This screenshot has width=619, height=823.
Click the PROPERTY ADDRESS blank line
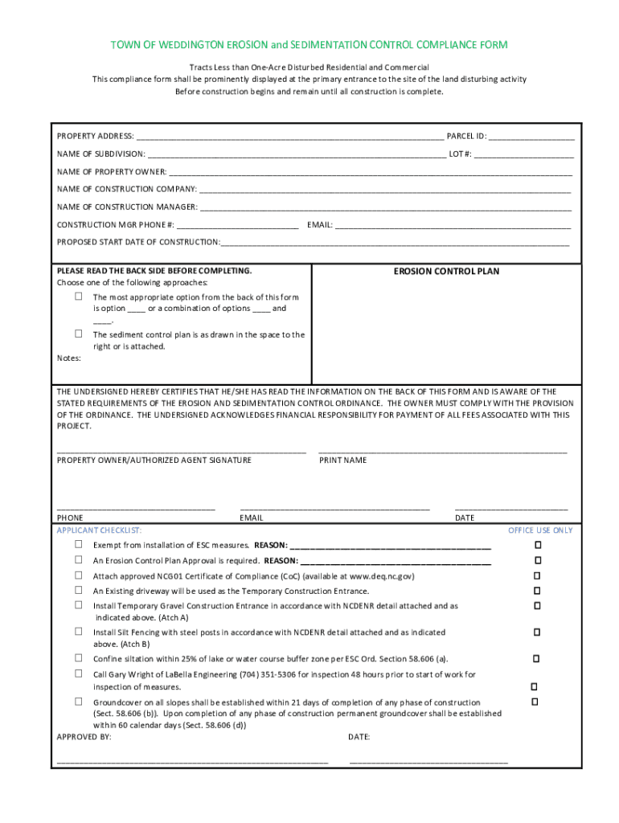[289, 137]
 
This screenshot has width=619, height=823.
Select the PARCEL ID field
[531, 137]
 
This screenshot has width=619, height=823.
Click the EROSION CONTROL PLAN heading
[446, 272]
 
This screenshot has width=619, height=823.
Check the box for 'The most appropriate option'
[79, 297]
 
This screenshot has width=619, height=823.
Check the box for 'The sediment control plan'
[79, 334]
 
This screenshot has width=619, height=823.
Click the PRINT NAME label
[342, 461]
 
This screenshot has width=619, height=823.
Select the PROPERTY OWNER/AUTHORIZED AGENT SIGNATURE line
[181, 452]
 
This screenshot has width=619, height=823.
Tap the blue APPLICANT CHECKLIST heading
[99, 530]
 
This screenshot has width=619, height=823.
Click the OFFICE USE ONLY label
[540, 530]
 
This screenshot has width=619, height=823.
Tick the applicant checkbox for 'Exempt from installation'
[79, 544]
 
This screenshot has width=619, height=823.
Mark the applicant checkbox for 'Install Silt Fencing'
[79, 632]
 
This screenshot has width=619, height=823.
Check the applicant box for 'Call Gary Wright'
[79, 674]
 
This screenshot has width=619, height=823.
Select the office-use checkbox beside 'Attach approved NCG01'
[538, 575]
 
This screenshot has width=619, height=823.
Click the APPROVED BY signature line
[192, 760]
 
